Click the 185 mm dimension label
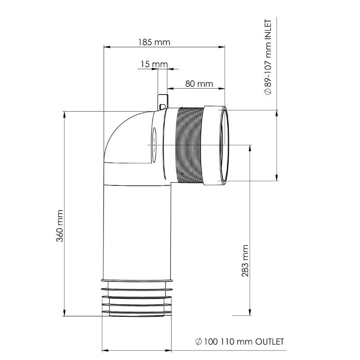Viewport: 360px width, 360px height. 154,42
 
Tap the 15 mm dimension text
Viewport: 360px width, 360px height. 154,64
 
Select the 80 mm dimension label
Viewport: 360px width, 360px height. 199,84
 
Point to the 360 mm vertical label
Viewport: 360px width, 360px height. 60,225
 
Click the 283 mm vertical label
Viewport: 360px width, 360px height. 245,261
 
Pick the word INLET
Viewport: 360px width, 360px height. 268,31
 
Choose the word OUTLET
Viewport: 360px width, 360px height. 270,342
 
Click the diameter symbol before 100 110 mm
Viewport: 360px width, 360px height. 198,342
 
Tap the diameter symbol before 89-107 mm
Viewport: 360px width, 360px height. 268,92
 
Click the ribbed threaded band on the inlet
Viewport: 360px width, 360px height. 189,145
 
